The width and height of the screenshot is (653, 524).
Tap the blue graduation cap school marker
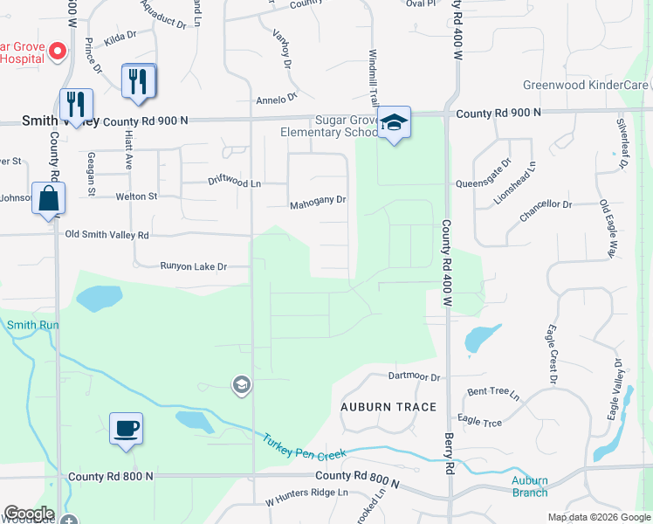394,124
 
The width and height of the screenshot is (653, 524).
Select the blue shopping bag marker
49,198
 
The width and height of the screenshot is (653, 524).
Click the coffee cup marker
127,429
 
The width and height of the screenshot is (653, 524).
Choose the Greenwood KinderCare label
585,85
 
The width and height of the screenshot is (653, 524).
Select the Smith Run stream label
32,325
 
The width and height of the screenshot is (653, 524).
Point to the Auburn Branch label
530,486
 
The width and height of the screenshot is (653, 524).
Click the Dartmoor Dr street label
414,376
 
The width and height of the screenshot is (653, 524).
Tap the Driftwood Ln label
234,183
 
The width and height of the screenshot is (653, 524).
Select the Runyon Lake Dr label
193,266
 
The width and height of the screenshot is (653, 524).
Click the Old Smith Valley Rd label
107,235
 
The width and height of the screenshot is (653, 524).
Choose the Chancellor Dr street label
545,204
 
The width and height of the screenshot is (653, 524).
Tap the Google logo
29,514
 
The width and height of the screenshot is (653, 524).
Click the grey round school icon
241,384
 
